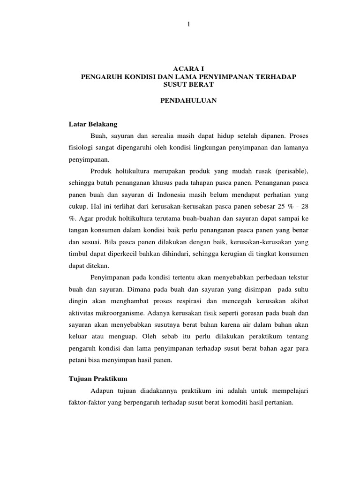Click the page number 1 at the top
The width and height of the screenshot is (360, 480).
click(x=188, y=25)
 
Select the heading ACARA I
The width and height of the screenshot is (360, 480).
click(x=188, y=68)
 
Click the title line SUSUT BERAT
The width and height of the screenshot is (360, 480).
click(x=188, y=84)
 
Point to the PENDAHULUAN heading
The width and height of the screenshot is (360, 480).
click(x=188, y=101)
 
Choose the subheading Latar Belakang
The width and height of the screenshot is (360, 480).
click(x=93, y=124)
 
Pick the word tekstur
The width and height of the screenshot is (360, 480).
click(x=298, y=277)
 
